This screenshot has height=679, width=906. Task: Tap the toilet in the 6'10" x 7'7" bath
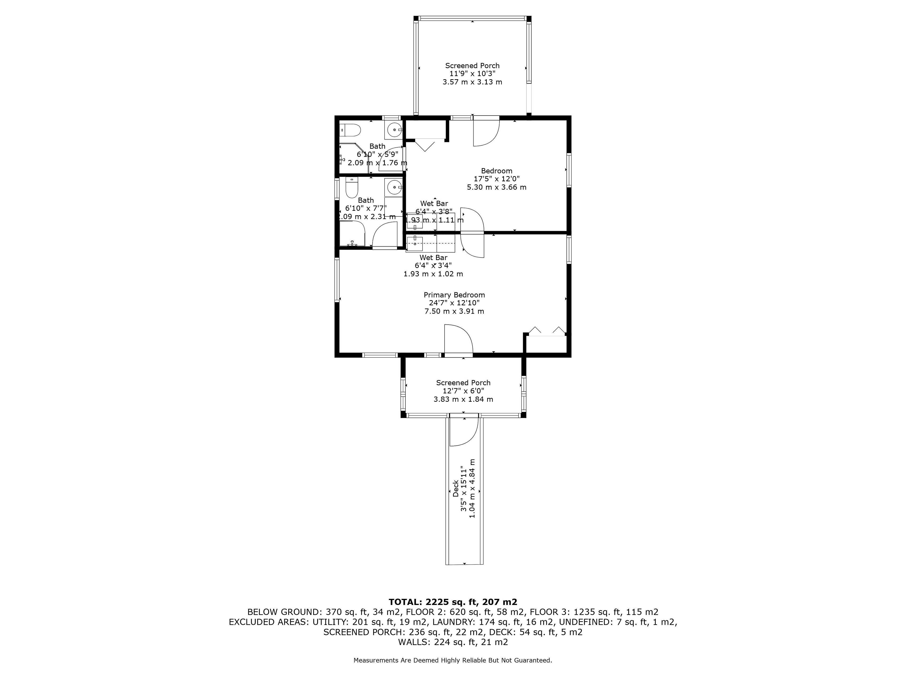click(352, 187)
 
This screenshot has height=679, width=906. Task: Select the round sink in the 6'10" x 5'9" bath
click(394, 130)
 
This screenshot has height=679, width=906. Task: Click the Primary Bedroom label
click(454, 295)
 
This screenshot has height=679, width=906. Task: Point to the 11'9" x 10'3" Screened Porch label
click(472, 74)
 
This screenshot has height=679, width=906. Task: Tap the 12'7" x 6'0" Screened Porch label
click(463, 391)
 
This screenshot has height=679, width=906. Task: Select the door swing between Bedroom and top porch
click(487, 131)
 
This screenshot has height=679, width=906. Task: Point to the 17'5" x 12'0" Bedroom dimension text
click(496, 179)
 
